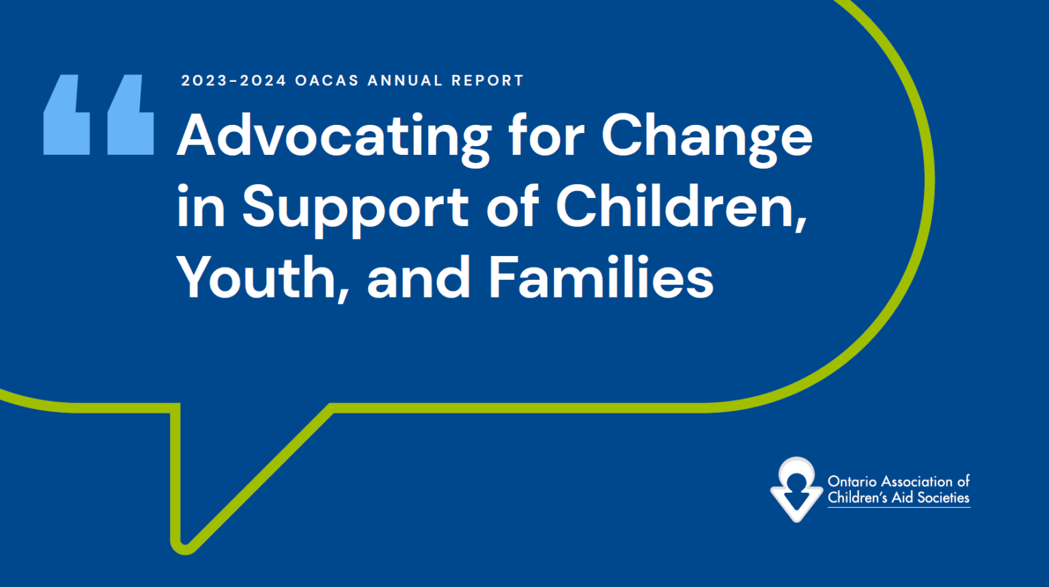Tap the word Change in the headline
coord(707,137)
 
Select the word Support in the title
coord(355,207)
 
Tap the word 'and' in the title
coord(419,278)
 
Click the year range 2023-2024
coord(234,81)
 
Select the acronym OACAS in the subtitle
coord(326,81)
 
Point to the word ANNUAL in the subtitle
coord(405,81)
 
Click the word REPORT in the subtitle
coord(487,81)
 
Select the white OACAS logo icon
coord(796,489)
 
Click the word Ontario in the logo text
coord(852,481)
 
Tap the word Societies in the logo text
coord(943,498)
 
